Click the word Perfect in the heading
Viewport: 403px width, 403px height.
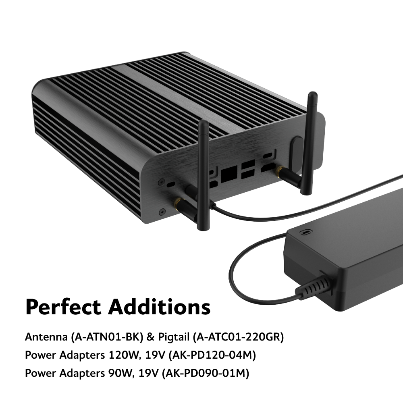pyautogui.click(x=63, y=307)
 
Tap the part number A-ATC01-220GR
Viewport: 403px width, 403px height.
pyautogui.click(x=238, y=337)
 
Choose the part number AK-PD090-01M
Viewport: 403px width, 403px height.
pyautogui.click(x=206, y=373)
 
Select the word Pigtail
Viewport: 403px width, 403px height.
pyautogui.click(x=173, y=337)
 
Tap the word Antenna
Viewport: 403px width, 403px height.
pyautogui.click(x=46, y=337)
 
